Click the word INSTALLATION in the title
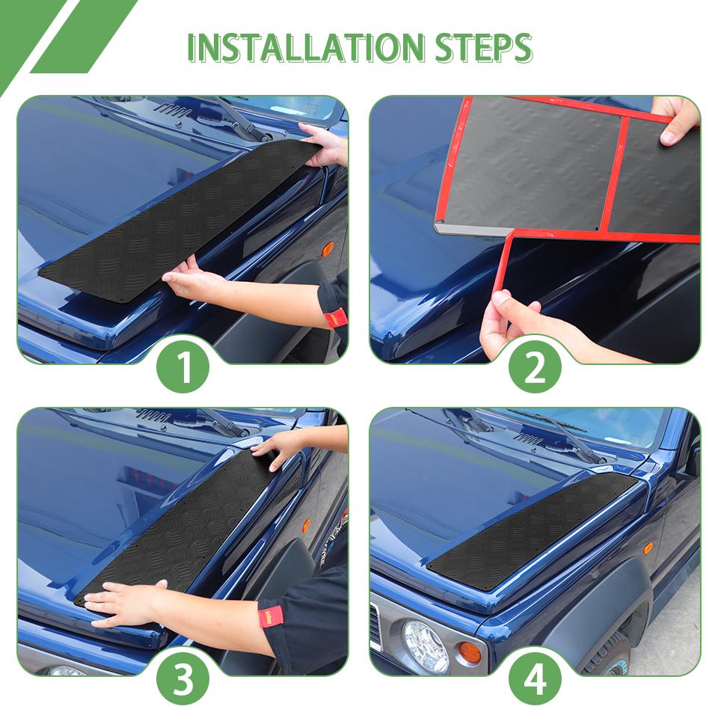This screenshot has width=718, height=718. tap(306, 48)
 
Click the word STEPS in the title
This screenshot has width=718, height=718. tap(484, 48)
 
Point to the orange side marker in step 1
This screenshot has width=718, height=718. tap(328, 249)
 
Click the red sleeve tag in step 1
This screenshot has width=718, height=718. tap(336, 318)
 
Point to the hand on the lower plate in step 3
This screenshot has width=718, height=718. tap(126, 603)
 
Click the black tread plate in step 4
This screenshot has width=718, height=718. tap(532, 531)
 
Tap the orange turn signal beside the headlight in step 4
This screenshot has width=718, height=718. tap(470, 652)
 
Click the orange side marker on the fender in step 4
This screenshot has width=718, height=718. tap(648, 548)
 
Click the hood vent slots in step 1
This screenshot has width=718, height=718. tap(173, 110)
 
